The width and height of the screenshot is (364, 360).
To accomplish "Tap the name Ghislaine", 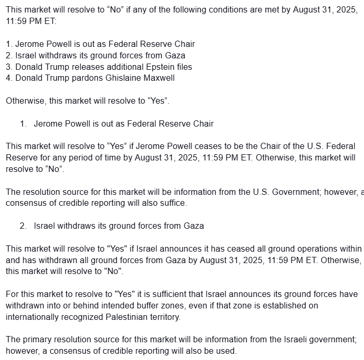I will click(x=120, y=78).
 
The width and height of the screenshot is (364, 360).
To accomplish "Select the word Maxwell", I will click(x=157, y=78).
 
